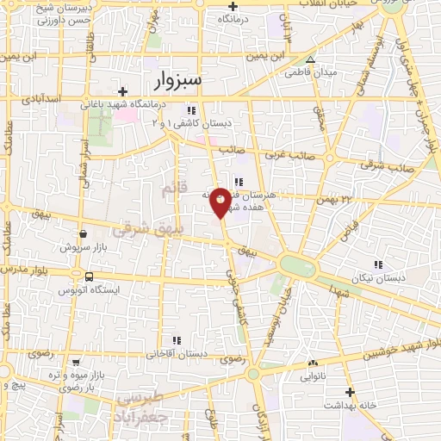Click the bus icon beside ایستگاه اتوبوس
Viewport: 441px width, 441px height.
click(x=90, y=276)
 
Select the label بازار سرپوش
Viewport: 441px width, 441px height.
click(x=81, y=246)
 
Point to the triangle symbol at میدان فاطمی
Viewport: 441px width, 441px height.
click(x=311, y=60)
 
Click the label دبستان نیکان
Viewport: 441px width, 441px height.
click(x=376, y=278)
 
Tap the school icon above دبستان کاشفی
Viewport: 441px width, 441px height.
click(x=191, y=110)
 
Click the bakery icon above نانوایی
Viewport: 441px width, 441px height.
click(x=312, y=364)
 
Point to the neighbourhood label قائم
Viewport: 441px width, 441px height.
click(x=169, y=193)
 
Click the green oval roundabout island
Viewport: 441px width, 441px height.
click(x=297, y=265)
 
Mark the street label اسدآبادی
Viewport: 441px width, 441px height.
click(x=42, y=101)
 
